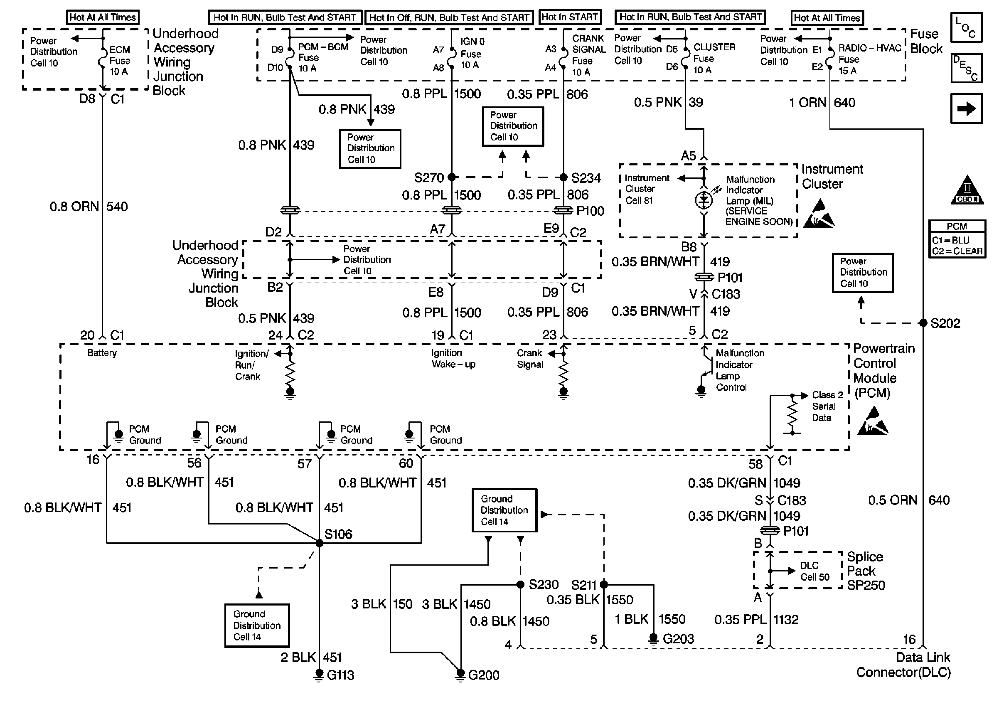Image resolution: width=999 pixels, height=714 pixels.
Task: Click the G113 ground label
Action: [341, 675]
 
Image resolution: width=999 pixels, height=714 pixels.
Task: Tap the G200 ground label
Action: [484, 675]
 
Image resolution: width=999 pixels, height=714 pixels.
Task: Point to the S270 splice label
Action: [429, 177]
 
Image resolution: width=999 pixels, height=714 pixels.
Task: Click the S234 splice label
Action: [586, 177]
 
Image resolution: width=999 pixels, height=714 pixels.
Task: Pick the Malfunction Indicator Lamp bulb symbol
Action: [704, 200]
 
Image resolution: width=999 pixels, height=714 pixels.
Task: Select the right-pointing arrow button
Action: [966, 108]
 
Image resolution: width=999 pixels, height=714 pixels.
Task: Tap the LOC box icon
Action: [966, 27]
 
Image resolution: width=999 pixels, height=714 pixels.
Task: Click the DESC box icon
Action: [966, 68]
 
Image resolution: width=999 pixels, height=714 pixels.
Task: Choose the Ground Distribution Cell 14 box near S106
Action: [257, 625]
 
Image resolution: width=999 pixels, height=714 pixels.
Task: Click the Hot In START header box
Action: [570, 17]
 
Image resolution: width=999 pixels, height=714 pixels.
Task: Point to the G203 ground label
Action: [678, 638]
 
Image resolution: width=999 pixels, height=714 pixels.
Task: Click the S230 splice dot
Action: [520, 584]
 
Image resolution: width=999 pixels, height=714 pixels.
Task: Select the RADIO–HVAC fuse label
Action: [869, 59]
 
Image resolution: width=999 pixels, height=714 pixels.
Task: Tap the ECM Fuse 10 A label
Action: [120, 60]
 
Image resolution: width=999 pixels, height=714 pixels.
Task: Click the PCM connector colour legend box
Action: [957, 239]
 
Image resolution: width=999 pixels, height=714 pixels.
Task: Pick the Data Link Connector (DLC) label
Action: [903, 665]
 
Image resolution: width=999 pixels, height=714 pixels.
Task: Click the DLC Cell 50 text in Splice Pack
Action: [815, 571]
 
